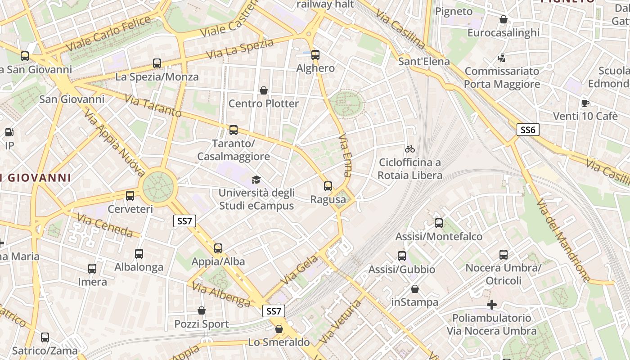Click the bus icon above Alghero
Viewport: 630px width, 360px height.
[315, 55]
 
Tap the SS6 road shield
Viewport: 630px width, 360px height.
[527, 130]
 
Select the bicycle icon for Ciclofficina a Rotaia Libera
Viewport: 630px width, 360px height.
[410, 149]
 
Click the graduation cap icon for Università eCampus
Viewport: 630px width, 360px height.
[256, 180]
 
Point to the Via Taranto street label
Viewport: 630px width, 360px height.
[153, 106]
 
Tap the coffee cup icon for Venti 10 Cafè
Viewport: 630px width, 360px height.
[585, 103]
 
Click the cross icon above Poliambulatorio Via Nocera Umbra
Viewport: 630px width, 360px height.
[492, 305]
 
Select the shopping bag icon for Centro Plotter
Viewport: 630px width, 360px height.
[264, 90]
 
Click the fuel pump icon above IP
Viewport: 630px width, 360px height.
[9, 132]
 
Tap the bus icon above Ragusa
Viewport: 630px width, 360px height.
[328, 186]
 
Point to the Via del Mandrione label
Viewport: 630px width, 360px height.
[562, 240]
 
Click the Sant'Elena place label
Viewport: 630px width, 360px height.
[424, 61]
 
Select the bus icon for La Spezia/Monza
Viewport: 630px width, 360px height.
[157, 63]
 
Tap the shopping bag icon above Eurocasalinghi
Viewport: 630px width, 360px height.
[504, 20]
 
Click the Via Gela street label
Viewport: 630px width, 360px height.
[299, 270]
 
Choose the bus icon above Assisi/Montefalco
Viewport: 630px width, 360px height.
[439, 223]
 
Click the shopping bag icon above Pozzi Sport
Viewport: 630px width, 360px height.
[202, 310]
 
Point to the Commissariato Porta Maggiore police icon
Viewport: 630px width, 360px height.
[501, 58]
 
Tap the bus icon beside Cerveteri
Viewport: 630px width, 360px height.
[130, 196]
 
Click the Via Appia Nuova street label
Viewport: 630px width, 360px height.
[114, 142]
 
